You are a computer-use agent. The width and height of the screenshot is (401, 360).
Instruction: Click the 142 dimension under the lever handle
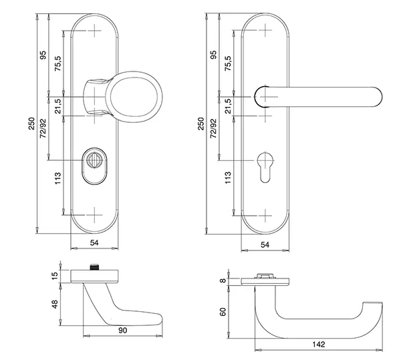(319, 345)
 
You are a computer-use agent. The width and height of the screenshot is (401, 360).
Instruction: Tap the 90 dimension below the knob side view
(122, 331)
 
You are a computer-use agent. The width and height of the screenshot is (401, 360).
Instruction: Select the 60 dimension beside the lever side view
(223, 312)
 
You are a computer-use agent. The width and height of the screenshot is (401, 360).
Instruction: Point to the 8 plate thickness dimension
(223, 281)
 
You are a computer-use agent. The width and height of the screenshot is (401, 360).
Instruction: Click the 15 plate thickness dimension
(55, 276)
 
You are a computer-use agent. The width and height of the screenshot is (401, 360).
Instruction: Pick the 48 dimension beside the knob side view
(55, 304)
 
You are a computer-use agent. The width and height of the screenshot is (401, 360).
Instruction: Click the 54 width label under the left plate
(94, 242)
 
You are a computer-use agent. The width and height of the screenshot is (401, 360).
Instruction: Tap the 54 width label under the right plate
(265, 244)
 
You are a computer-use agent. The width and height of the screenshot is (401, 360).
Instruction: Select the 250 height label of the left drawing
(31, 124)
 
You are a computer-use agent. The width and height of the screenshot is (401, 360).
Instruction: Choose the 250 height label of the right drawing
(202, 124)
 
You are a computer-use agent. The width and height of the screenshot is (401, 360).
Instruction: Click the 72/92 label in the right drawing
(213, 128)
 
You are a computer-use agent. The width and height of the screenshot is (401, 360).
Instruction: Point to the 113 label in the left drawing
(57, 178)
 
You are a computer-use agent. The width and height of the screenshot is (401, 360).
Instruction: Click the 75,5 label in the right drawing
(228, 63)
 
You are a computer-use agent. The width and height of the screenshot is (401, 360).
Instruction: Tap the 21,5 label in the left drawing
(57, 106)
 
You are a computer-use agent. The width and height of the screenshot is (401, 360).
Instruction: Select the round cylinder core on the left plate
(92, 160)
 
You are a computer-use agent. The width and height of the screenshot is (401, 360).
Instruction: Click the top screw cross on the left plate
(95, 31)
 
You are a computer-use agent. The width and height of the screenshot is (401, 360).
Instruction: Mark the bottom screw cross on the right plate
(265, 216)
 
